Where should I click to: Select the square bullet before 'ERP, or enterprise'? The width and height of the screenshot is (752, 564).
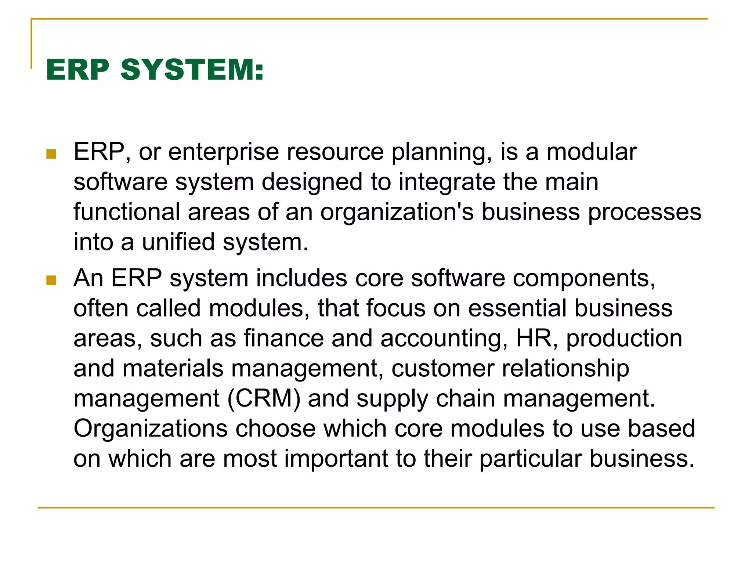point(51,154)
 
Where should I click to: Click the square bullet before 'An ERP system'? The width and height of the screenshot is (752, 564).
point(51,281)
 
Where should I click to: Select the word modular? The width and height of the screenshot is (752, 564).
point(592,152)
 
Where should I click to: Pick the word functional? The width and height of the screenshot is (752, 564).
point(127,212)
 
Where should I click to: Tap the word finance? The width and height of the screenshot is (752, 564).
point(283,339)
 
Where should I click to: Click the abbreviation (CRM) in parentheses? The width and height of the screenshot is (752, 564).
point(264,399)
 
